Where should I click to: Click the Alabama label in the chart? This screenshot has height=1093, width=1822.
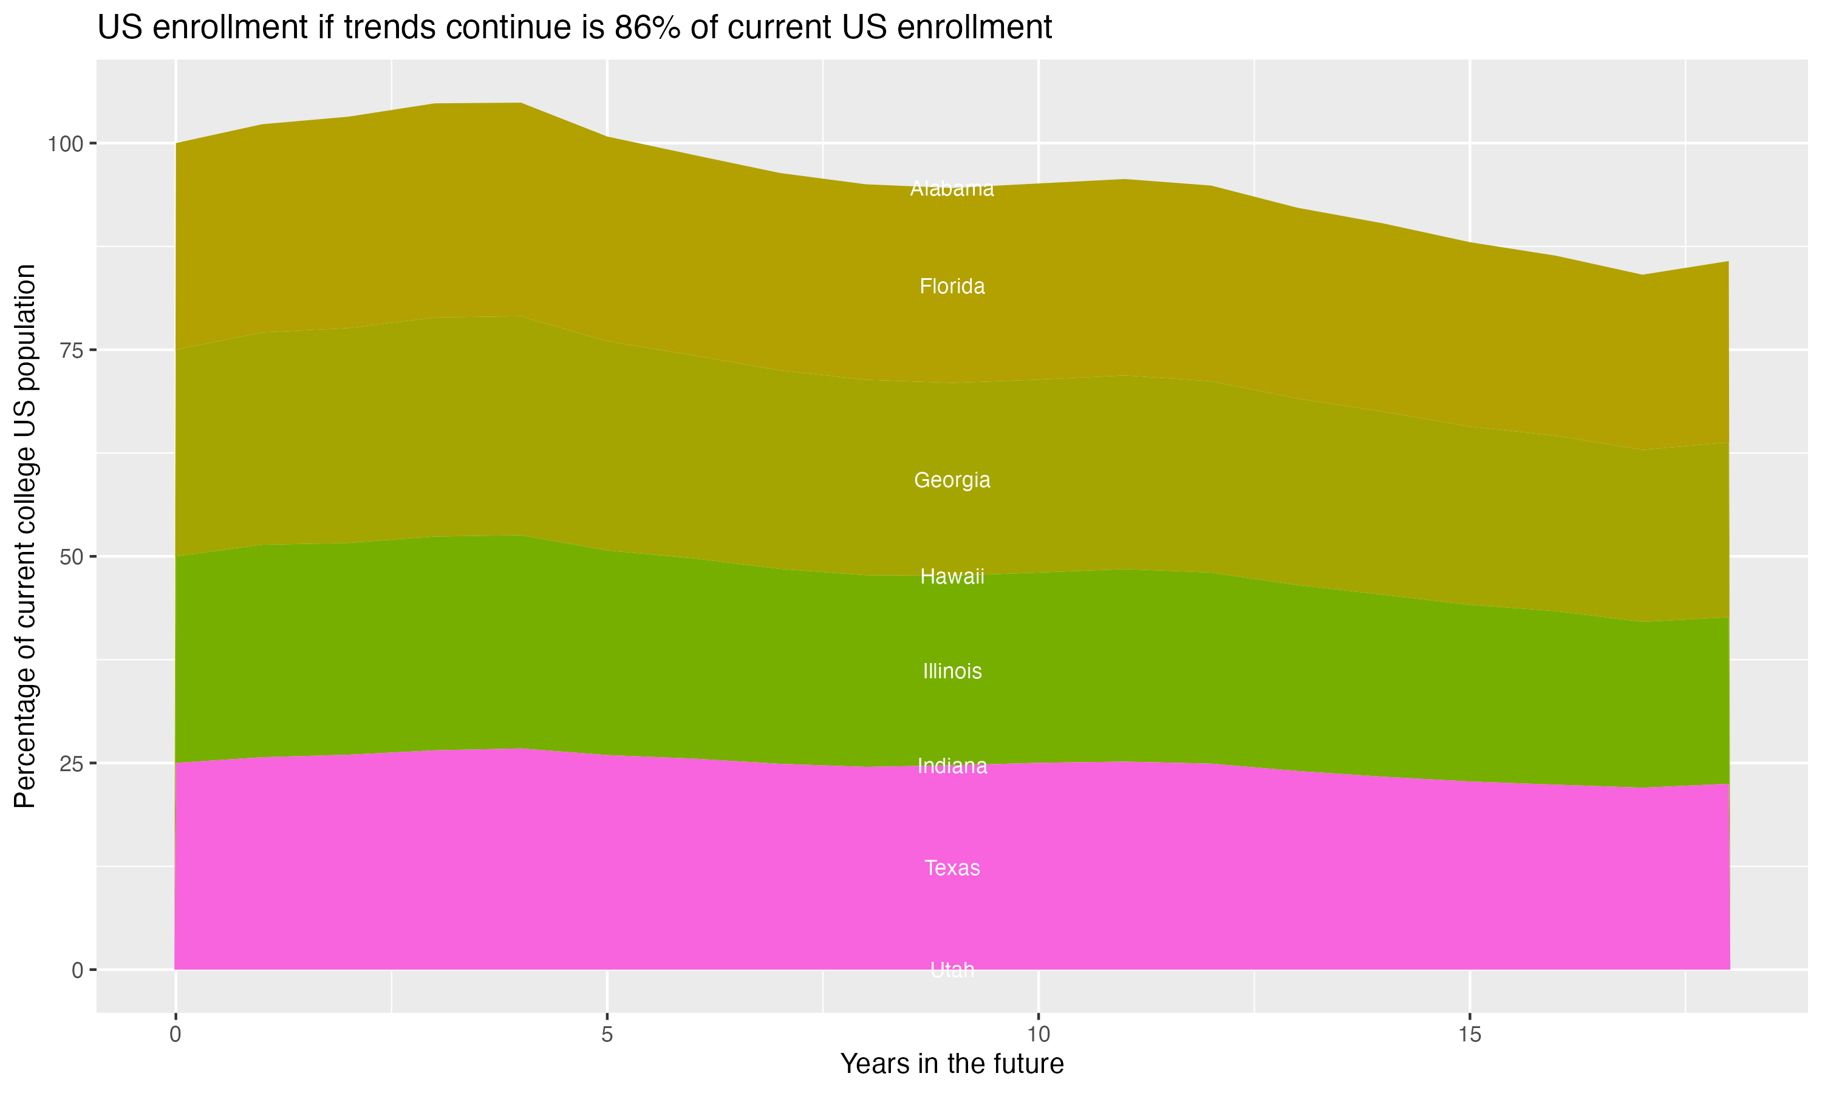(x=952, y=189)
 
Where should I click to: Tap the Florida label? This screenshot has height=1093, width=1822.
(x=952, y=287)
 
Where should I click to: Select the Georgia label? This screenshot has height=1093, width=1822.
(x=952, y=480)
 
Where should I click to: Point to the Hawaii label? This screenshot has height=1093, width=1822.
(x=952, y=577)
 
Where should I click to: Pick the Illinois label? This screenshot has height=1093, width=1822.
(x=952, y=671)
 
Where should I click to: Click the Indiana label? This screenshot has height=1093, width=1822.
(x=952, y=766)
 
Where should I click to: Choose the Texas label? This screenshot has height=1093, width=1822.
(x=952, y=868)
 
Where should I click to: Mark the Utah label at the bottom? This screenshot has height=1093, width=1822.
(x=952, y=969)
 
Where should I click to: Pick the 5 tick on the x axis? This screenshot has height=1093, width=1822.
(x=607, y=1035)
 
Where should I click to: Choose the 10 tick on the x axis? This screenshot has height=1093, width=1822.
(x=1038, y=1035)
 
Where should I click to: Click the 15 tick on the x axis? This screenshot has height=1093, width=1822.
(x=1469, y=1035)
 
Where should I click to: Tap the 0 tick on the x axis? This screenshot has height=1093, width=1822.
(x=176, y=1035)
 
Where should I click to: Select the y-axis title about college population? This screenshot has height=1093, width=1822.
(x=26, y=536)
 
